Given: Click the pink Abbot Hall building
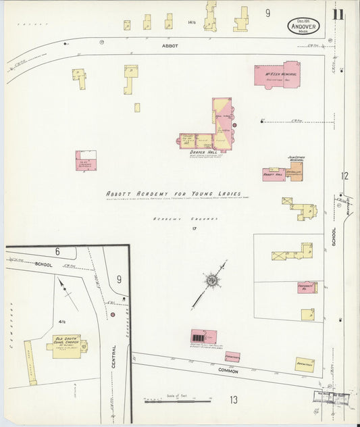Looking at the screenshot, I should pyautogui.click(x=273, y=173).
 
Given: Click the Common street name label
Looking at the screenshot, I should pyautogui.click(x=229, y=371).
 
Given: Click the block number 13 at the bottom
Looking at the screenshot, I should pyautogui.click(x=233, y=400).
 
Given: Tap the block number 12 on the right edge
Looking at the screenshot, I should pyautogui.click(x=344, y=176).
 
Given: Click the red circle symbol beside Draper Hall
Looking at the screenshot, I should pyautogui.click(x=235, y=125).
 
